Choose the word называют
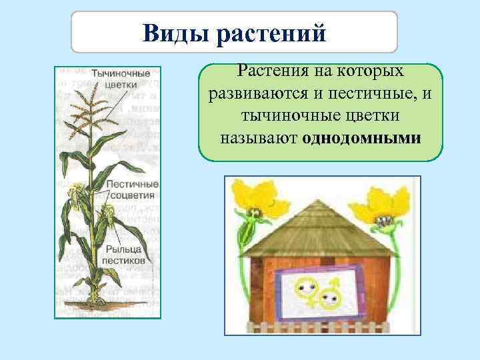coord(257,139)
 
